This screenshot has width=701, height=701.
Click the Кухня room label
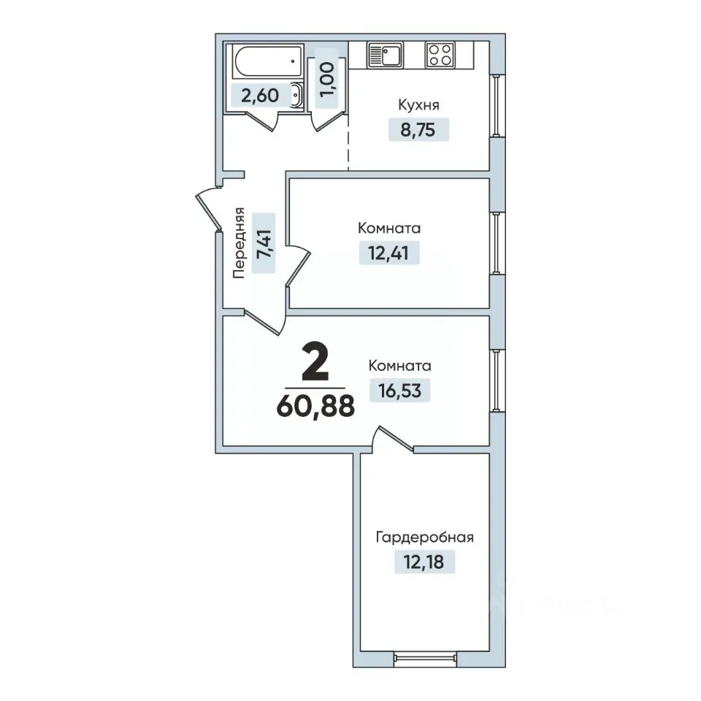pos(418,105)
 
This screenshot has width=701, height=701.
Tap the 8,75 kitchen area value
pos(418,130)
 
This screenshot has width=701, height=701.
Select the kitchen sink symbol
pos(385,55)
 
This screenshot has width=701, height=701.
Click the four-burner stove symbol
pos(440,55)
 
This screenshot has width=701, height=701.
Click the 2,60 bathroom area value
pos(260,96)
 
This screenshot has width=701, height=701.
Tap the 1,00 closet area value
pos(327,79)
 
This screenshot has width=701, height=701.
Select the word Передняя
pos(240,242)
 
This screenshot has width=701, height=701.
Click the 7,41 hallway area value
pos(264,243)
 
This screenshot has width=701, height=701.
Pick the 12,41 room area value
pos(388,253)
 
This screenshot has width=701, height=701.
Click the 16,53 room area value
pos(399,391)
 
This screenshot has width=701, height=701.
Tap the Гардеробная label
pos(424,537)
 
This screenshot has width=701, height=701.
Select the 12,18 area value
pos(424,562)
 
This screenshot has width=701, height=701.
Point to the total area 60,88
pos(315,407)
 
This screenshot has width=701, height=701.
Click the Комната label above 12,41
pos(389,229)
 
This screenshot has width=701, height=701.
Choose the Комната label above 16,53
pos(399,366)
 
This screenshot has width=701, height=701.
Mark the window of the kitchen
pos(497,105)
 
